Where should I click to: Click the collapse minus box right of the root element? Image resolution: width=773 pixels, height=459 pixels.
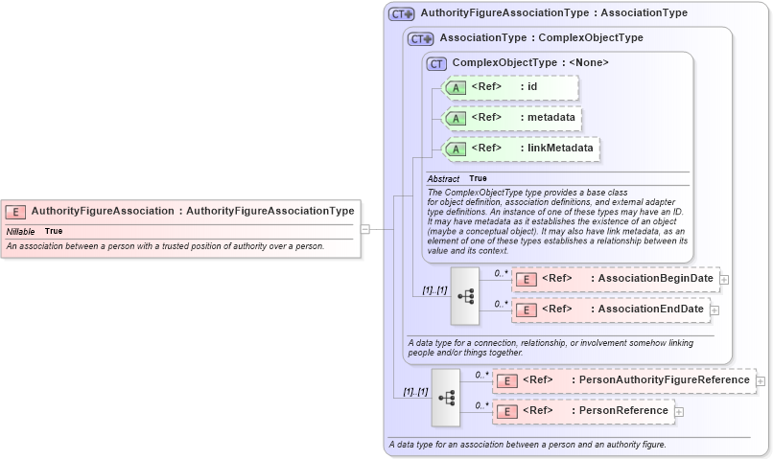(364, 229)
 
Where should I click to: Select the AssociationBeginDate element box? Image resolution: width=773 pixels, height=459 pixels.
(615, 279)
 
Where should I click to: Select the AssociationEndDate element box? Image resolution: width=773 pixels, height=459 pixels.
(610, 310)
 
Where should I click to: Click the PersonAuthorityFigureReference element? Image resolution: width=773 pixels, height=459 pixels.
(623, 380)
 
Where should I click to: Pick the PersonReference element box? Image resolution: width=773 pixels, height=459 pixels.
(583, 411)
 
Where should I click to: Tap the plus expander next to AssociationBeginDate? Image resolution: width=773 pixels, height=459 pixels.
(724, 280)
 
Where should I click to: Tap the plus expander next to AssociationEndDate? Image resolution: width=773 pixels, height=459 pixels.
(714, 310)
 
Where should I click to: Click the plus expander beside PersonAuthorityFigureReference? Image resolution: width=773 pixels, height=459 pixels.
(761, 380)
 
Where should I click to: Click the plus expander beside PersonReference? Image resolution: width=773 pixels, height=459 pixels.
(679, 412)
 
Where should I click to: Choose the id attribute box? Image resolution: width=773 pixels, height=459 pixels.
(511, 87)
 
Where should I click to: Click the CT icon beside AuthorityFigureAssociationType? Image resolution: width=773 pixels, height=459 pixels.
(401, 14)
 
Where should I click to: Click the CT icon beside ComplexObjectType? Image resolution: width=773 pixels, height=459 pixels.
(437, 63)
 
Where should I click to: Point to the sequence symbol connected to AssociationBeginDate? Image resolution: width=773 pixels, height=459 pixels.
(465, 295)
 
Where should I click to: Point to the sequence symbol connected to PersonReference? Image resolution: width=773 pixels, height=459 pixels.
(446, 397)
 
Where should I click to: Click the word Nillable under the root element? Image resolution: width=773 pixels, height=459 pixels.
(21, 232)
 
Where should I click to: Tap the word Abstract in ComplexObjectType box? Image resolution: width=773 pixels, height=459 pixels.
(443, 179)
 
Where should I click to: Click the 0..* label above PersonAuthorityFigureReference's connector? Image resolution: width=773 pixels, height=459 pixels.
(481, 375)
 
